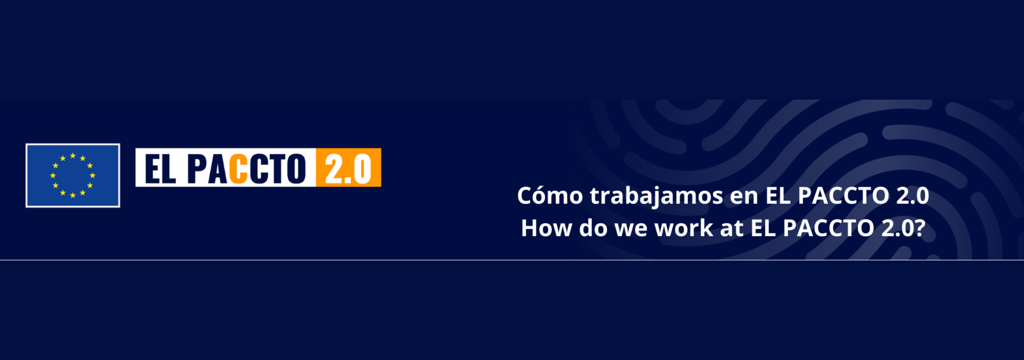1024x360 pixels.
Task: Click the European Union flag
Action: click(73, 176)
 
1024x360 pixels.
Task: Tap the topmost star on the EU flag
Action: click(73, 156)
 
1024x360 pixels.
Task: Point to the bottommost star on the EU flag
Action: click(73, 196)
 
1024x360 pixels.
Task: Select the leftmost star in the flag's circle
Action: click(53, 176)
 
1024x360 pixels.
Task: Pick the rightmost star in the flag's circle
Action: click(93, 176)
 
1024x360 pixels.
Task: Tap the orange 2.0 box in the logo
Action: click(348, 168)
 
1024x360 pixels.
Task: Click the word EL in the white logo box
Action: click(160, 168)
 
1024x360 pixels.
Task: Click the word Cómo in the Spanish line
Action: click(550, 196)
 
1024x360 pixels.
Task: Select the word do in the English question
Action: click(593, 228)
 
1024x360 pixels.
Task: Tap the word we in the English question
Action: click(631, 230)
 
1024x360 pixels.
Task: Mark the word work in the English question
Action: click(684, 228)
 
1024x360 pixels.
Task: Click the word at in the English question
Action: click(732, 229)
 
